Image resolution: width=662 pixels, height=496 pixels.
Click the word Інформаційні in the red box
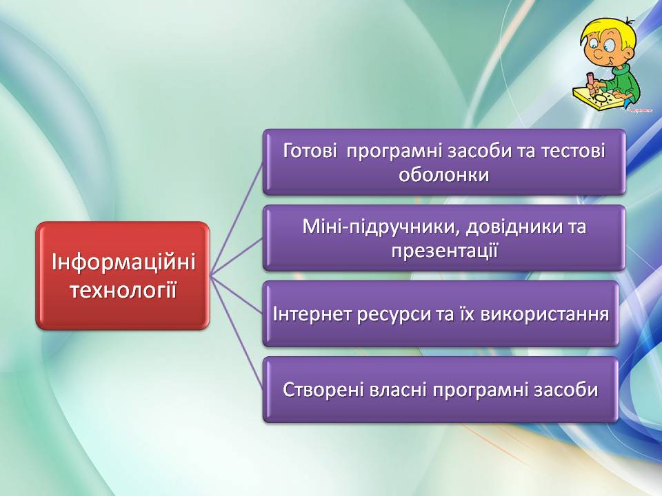point(123,262)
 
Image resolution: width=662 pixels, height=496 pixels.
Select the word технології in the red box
point(123,291)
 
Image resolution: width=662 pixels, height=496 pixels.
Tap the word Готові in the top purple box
point(310,151)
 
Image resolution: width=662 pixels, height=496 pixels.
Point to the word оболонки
point(443,174)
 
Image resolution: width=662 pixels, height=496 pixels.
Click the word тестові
point(572,151)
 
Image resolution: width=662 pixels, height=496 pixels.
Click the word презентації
point(445,251)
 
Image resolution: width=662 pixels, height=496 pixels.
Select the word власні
point(398,390)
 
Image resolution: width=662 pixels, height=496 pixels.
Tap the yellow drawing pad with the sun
point(598,99)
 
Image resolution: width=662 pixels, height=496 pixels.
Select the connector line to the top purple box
point(237,219)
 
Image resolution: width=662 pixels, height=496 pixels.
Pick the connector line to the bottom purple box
point(237,333)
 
